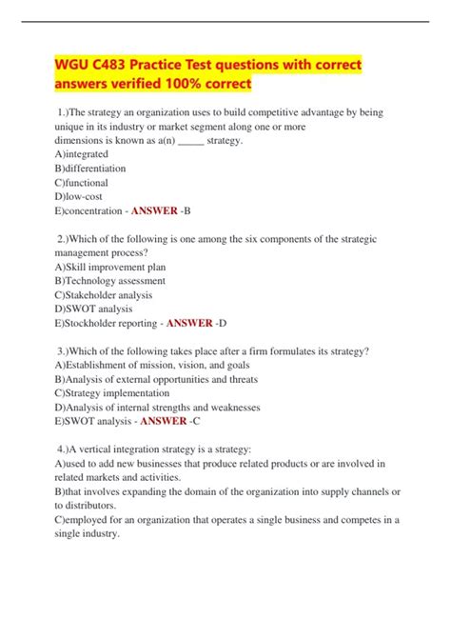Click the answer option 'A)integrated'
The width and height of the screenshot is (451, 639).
(x=82, y=153)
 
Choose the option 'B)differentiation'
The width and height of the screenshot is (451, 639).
(x=90, y=168)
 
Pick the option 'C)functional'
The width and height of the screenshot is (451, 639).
(x=82, y=182)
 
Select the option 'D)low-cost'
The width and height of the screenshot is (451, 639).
(x=78, y=196)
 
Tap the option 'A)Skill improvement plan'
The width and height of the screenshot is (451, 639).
(x=110, y=267)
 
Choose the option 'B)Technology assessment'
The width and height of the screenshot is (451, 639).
(x=110, y=281)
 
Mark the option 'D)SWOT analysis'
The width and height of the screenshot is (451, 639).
(x=94, y=310)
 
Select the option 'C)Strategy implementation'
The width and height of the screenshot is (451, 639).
(x=112, y=393)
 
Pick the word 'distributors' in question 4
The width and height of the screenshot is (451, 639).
(x=91, y=506)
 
